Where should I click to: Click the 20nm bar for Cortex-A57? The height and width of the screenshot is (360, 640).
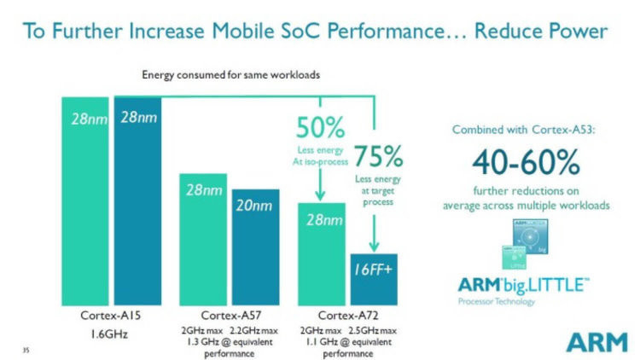click(256, 247)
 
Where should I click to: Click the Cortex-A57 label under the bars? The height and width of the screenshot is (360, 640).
click(230, 316)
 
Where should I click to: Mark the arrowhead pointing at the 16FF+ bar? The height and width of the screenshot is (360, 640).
click(374, 247)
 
